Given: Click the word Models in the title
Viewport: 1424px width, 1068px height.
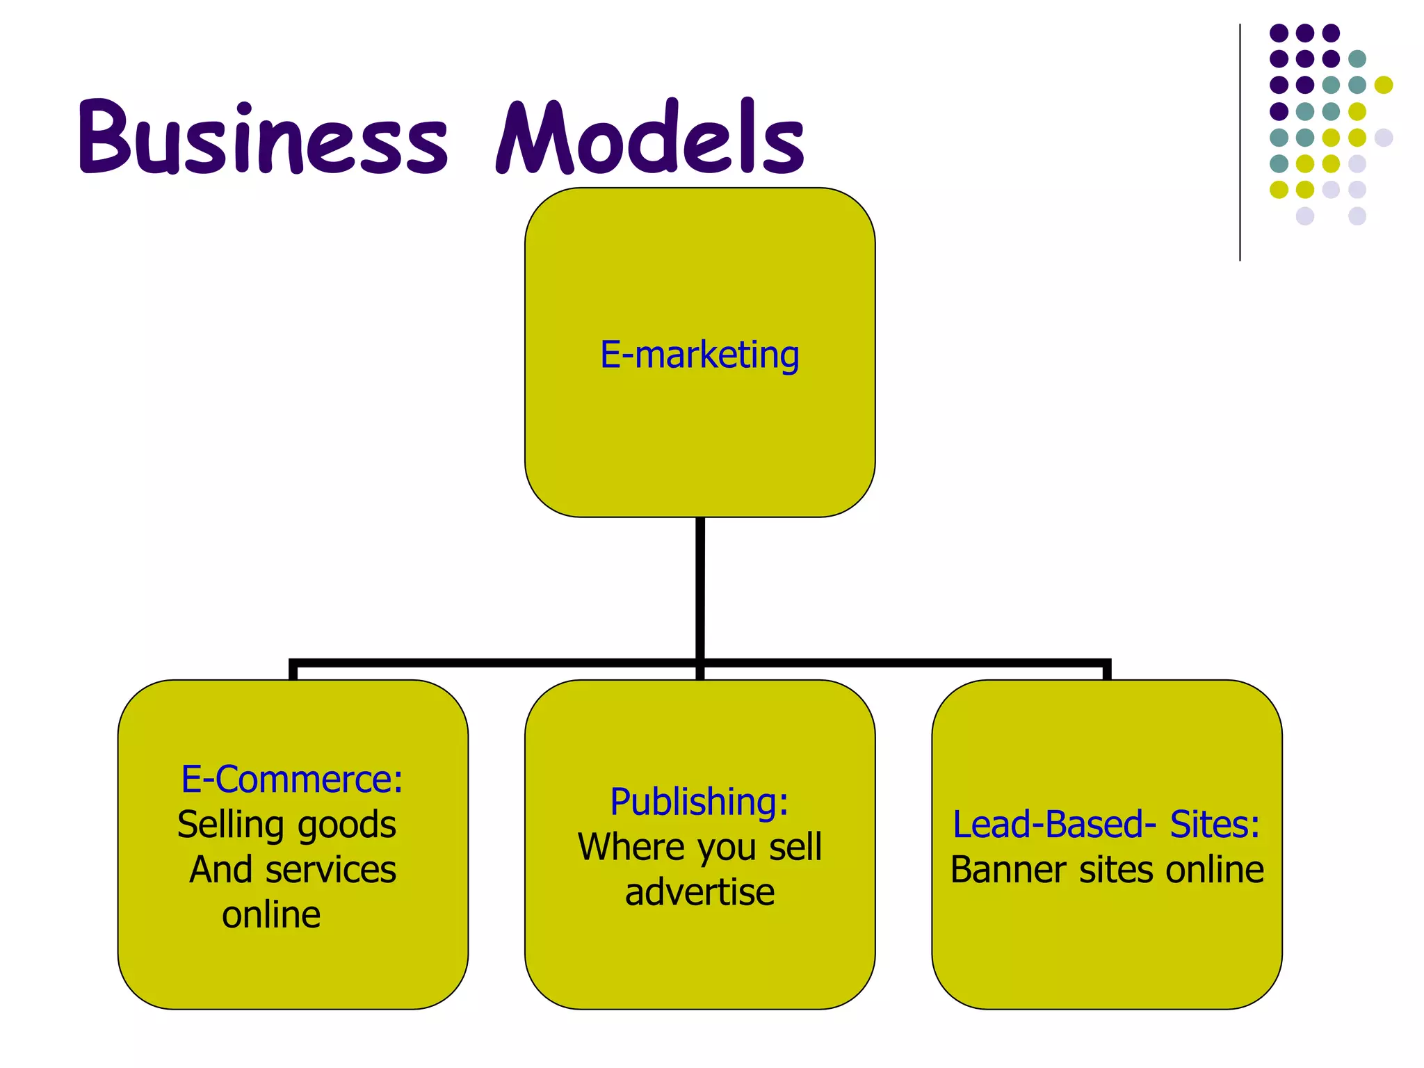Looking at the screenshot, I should click(x=650, y=137).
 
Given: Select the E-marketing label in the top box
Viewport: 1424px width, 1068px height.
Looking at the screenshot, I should click(x=699, y=355).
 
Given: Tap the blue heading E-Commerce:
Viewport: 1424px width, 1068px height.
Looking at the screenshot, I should click(x=292, y=779).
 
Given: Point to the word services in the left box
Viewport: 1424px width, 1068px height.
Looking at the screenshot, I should click(x=330, y=870).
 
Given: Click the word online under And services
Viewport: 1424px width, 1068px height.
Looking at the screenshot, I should click(x=271, y=914).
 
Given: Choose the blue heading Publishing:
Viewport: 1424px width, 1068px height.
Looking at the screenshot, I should click(x=699, y=802).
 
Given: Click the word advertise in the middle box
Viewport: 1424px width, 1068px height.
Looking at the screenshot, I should click(x=699, y=892).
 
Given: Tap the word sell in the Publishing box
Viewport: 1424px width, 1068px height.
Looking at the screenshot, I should click(x=795, y=847).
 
